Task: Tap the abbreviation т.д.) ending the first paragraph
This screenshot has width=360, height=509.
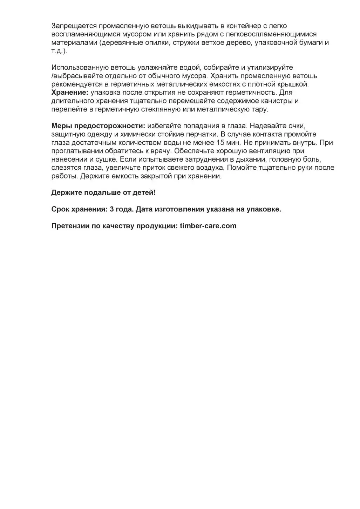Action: tap(59, 51)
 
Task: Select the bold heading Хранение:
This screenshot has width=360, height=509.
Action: tap(70, 93)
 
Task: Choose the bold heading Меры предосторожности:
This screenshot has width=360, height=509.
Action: tap(98, 126)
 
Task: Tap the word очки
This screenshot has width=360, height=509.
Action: tap(297, 126)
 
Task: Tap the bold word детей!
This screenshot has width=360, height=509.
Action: tap(144, 192)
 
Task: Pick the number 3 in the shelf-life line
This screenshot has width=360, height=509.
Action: tap(112, 209)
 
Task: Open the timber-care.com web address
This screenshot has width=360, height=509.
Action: tap(208, 226)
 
